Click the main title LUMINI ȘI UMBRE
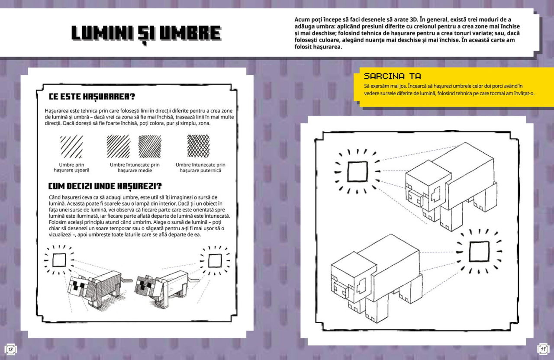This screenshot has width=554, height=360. (146, 34)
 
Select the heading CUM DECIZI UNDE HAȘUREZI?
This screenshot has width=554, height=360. (105, 186)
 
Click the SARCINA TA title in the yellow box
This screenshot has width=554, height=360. (392, 76)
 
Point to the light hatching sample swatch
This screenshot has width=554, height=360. (71, 146)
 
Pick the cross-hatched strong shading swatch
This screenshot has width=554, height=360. (198, 146)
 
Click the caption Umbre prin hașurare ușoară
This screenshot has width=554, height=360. (71, 167)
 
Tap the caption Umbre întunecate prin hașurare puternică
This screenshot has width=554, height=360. (200, 167)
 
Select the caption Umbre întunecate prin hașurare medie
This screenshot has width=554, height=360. (135, 167)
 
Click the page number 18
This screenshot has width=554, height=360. (10, 349)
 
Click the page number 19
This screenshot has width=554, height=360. (543, 349)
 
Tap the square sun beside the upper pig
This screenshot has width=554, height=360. (358, 171)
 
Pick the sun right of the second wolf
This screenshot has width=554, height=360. (215, 260)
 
